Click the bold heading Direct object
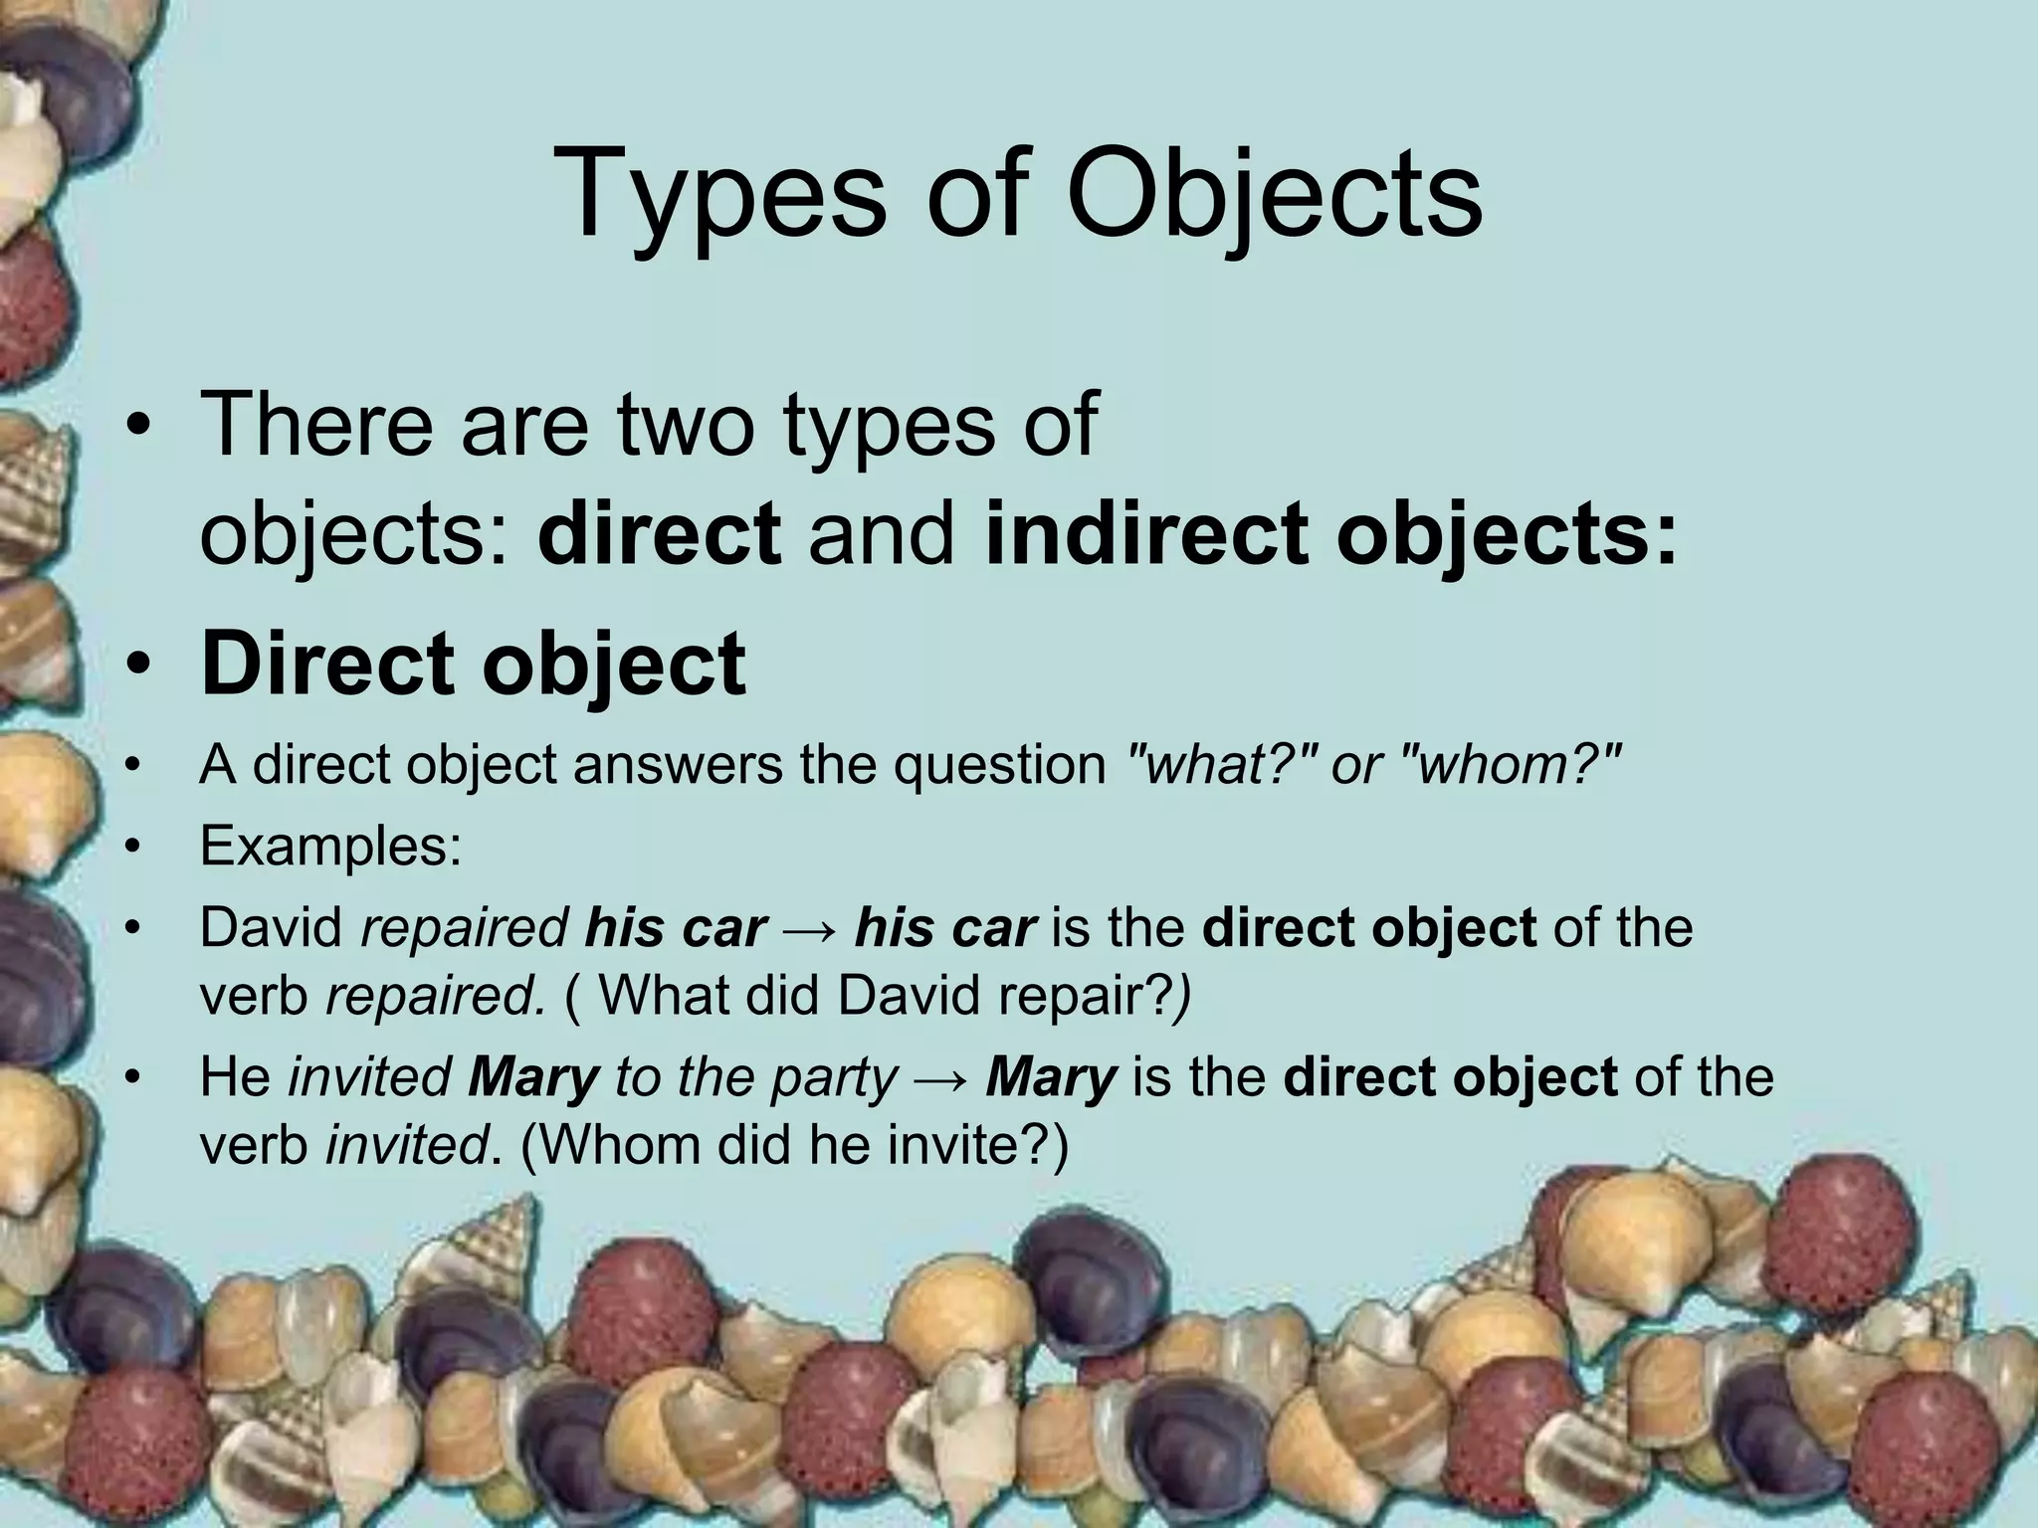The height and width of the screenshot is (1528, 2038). [473, 665]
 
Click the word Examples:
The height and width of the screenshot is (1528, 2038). [330, 847]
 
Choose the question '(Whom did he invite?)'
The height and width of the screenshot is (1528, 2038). [794, 1146]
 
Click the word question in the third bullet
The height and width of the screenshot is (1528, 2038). [999, 765]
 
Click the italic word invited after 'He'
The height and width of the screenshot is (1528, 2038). [369, 1077]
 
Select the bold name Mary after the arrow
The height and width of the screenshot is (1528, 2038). [1051, 1077]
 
